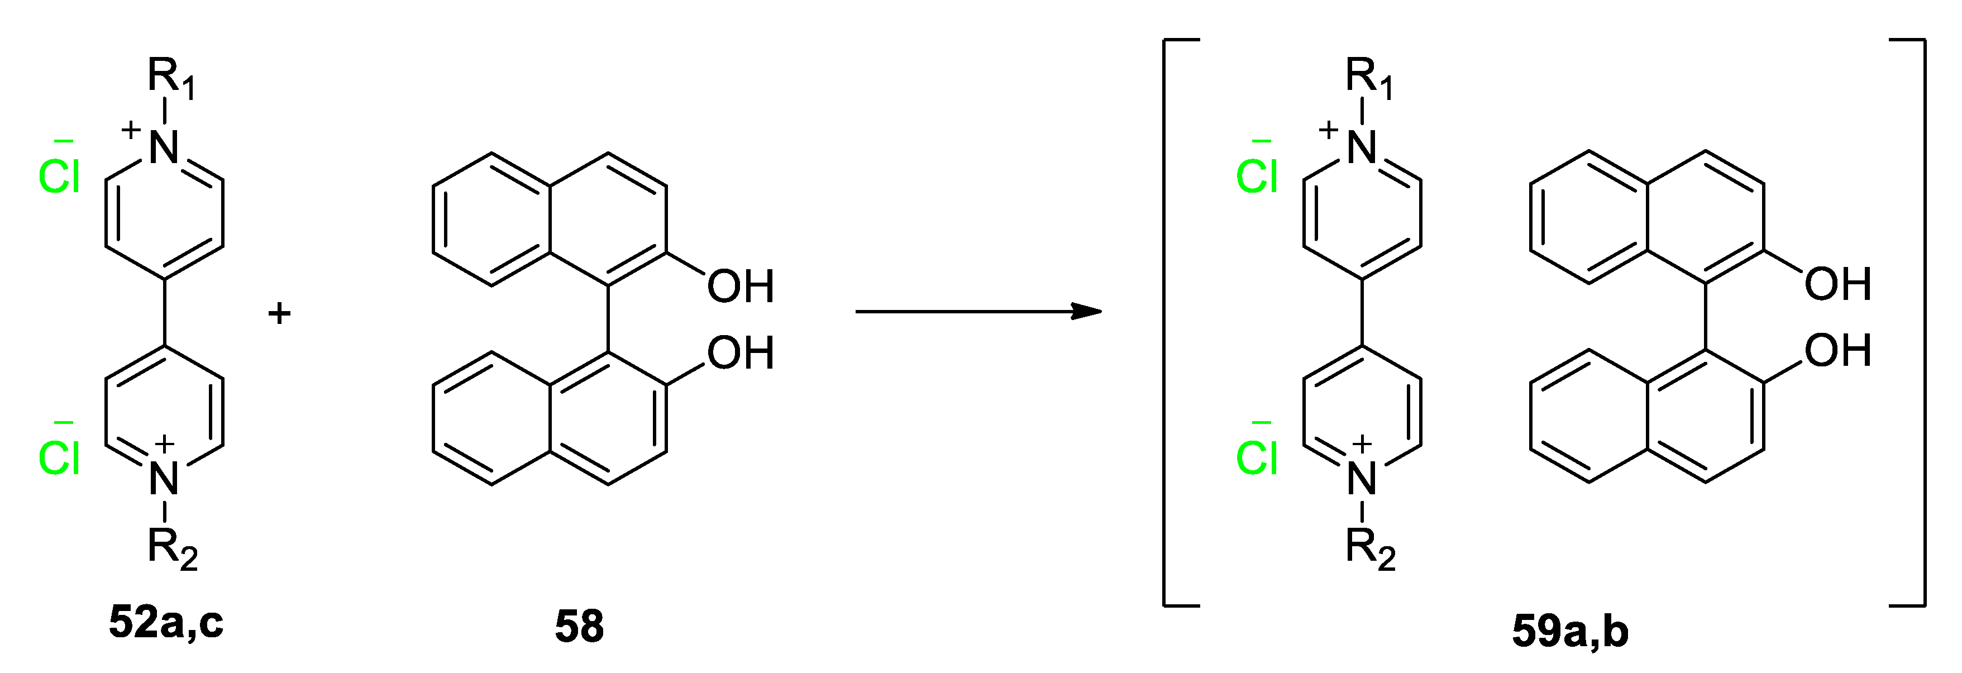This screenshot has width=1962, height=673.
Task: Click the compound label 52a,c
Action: [x=166, y=622]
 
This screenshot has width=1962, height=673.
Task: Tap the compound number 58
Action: [x=579, y=626]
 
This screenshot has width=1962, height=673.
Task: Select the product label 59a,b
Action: [x=1570, y=631]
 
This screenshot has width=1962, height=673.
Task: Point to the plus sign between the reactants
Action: [x=279, y=313]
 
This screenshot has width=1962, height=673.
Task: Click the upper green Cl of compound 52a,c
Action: [x=59, y=175]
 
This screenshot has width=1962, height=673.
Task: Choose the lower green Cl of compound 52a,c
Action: [x=59, y=457]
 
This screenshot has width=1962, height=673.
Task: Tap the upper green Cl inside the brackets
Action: [x=1257, y=175]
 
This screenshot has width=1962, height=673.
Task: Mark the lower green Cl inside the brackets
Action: [x=1257, y=457]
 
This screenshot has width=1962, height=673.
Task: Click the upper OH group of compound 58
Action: [x=741, y=287]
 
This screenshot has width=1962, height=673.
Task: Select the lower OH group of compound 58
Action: [x=741, y=352]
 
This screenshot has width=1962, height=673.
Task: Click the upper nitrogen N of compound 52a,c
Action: [x=164, y=147]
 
